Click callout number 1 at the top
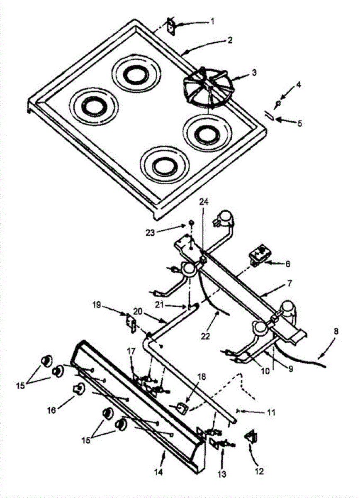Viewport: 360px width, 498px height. [x=212, y=20]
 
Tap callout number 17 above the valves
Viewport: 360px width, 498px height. [x=131, y=352]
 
